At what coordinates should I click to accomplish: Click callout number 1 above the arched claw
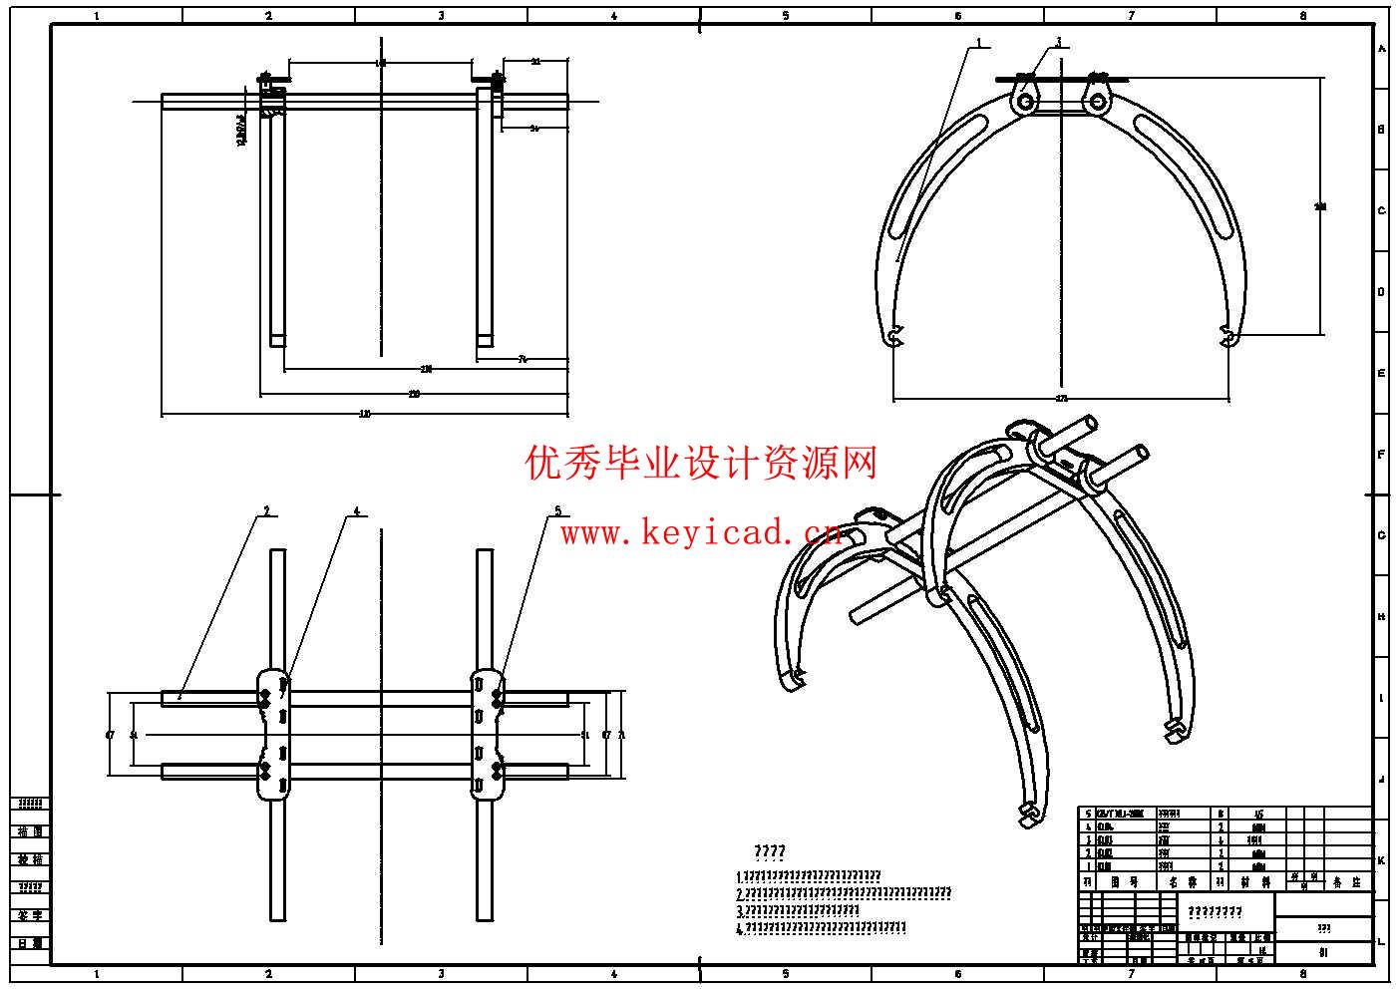(x=979, y=43)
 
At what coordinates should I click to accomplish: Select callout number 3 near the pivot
(x=1058, y=43)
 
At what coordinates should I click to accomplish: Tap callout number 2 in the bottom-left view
(x=266, y=511)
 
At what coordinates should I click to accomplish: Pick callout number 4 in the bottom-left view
(x=356, y=511)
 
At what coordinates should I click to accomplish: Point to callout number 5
(x=557, y=511)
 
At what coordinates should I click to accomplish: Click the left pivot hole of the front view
(x=1025, y=101)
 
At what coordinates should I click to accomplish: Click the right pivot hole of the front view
(x=1097, y=101)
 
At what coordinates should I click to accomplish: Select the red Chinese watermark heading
(x=701, y=463)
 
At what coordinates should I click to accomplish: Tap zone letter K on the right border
(x=1381, y=860)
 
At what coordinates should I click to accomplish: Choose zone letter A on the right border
(x=1381, y=49)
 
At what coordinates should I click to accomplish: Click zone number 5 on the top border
(x=786, y=16)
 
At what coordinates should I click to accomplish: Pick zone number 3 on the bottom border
(x=442, y=974)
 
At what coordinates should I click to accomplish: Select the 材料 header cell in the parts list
(x=1254, y=882)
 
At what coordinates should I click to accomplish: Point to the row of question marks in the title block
(x=1215, y=911)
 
